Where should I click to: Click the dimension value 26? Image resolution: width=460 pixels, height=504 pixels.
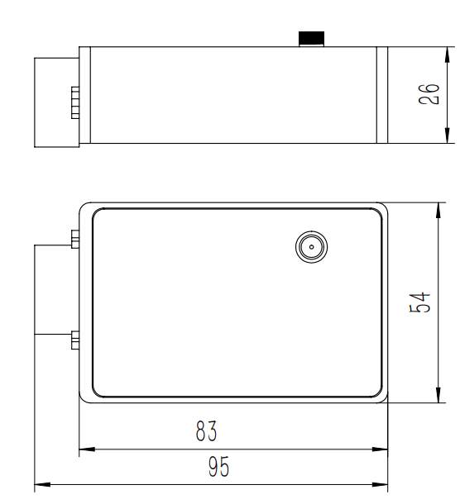429,95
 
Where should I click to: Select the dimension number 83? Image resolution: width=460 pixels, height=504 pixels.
207,432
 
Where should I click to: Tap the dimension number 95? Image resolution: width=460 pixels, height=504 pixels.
218,468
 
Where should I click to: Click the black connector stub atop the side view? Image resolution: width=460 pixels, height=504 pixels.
311,39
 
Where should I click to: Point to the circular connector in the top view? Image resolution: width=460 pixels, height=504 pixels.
311,246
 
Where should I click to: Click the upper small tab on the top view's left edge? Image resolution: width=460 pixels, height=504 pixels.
74,239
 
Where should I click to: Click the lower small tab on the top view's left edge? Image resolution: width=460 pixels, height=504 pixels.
74,339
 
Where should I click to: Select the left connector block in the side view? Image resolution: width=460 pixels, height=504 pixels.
56,102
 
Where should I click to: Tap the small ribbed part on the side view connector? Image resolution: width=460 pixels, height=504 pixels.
74,102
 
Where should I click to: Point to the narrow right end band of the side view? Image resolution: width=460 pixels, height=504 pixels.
382,95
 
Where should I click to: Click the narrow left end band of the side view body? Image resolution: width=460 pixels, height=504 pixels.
84,95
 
